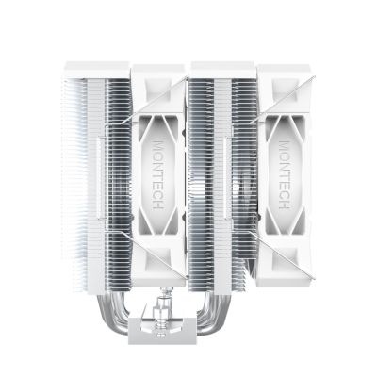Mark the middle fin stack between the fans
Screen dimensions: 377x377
click(x=217, y=170)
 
